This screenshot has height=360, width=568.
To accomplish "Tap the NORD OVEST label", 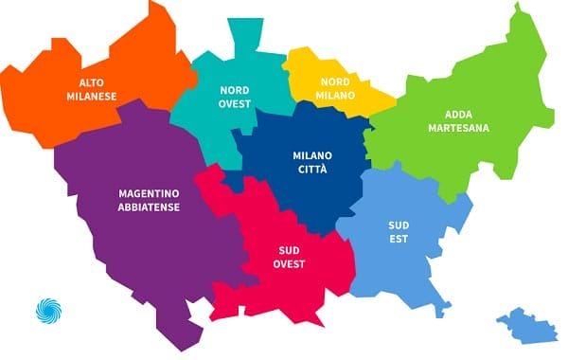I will click(x=235, y=97).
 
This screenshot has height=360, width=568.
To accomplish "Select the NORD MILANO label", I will click(x=336, y=89).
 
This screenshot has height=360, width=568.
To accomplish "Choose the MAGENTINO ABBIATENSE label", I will click(x=150, y=200).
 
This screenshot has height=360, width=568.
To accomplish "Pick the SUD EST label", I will click(x=398, y=232).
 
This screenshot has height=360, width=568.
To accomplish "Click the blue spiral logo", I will click(x=47, y=311).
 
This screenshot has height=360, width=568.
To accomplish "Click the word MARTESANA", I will click(x=458, y=128).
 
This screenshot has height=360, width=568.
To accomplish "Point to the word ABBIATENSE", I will click(x=150, y=207).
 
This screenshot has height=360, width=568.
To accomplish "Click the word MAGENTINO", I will click(x=150, y=192).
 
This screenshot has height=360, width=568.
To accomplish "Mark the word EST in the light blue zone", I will click(x=398, y=240).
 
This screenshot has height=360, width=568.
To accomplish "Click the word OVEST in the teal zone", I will click(x=235, y=104).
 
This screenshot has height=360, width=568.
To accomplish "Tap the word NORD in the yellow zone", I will click(x=336, y=81).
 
